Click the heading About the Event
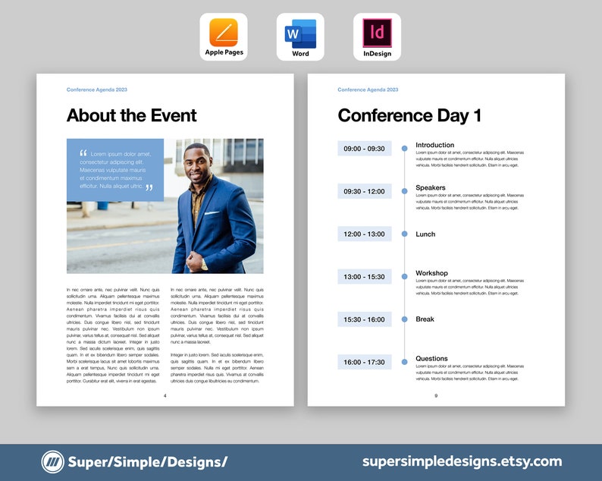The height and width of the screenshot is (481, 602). (131, 115)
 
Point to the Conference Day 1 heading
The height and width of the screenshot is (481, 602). (409, 115)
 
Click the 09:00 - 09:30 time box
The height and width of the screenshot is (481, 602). (364, 149)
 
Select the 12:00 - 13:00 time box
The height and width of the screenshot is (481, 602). (364, 234)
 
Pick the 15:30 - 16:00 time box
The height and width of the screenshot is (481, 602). (364, 319)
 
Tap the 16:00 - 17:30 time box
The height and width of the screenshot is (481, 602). (364, 363)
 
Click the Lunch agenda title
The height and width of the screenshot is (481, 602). (425, 234)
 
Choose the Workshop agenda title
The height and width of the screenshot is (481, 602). (431, 273)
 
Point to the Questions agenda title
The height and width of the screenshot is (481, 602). (431, 358)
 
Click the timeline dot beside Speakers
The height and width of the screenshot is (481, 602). (404, 191)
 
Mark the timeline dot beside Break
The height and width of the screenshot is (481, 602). (404, 319)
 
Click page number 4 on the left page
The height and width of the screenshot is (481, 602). (165, 396)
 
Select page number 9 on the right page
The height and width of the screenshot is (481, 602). (436, 396)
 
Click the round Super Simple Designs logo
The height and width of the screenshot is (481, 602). (52, 461)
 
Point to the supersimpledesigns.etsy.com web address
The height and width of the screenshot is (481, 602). (462, 461)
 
